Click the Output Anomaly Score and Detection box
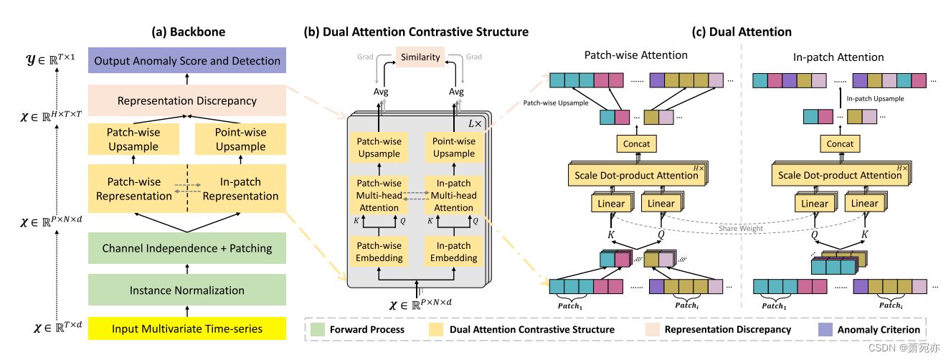pos(187,61)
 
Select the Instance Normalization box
pos(187,290)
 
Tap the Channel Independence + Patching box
pos(187,248)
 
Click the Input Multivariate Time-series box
pos(187,328)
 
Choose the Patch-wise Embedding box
pos(379,251)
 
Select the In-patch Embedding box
pos(453,251)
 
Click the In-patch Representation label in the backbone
pos(240,189)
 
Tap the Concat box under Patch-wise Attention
pos(636,143)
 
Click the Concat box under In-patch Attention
pos(840,143)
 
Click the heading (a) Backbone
pos(187,32)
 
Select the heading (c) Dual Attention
pos(742,32)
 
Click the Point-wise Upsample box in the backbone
pos(240,139)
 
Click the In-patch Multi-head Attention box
pos(453,195)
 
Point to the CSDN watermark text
pos(908,348)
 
